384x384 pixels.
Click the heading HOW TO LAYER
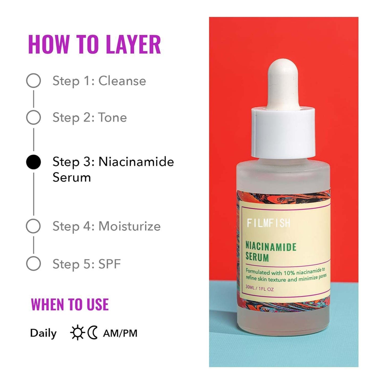tap(94, 44)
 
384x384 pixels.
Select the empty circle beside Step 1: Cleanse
tap(33, 81)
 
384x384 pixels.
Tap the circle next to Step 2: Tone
tap(33, 117)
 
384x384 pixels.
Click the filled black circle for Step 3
tap(33, 162)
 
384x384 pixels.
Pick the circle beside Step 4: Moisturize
tap(33, 226)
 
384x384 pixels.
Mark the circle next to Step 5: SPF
tap(33, 264)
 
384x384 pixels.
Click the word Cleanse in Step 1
tap(122, 81)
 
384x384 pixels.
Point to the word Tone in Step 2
tap(112, 117)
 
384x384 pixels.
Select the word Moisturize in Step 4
tap(129, 226)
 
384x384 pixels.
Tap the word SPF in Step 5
tap(109, 264)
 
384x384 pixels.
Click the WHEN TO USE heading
tap(70, 305)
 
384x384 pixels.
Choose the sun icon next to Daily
tap(77, 333)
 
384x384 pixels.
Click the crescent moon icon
tap(93, 333)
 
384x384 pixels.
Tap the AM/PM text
tap(120, 333)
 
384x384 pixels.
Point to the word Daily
tap(43, 333)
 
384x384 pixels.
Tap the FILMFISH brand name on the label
tap(268, 223)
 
